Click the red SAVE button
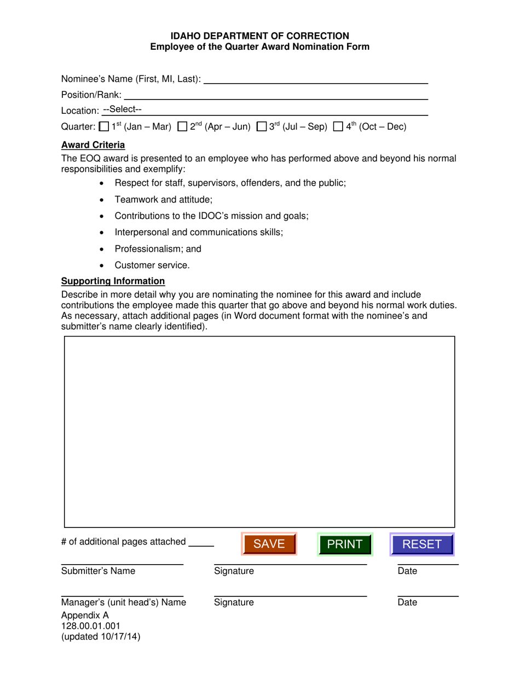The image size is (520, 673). tap(269, 544)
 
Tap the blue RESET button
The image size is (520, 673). tap(421, 544)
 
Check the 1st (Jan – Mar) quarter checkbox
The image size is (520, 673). tap(103, 127)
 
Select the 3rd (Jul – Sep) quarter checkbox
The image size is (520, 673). tap(262, 127)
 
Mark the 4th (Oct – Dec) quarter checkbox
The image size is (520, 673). tap(338, 127)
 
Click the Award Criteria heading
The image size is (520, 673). tap(93, 145)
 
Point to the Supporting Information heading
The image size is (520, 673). tap(113, 281)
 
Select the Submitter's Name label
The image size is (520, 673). tap(98, 571)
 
